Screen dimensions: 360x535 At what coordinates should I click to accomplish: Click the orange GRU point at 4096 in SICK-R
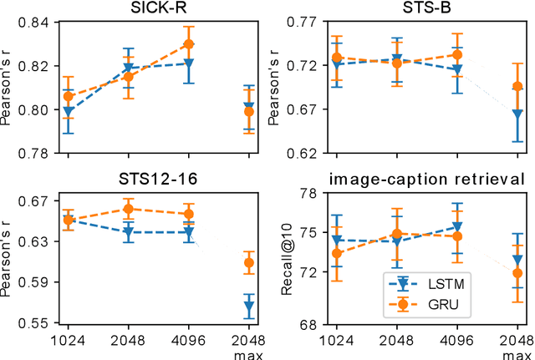[189, 44]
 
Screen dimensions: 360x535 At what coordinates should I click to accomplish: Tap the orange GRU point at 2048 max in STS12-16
[248, 263]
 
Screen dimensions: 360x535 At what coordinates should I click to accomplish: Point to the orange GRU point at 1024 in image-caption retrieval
[337, 253]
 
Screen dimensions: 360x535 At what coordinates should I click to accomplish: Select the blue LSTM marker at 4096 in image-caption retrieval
[457, 226]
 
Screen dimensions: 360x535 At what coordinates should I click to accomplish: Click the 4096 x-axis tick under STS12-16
[188, 340]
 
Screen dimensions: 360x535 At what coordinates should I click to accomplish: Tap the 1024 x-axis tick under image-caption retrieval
[337, 340]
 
